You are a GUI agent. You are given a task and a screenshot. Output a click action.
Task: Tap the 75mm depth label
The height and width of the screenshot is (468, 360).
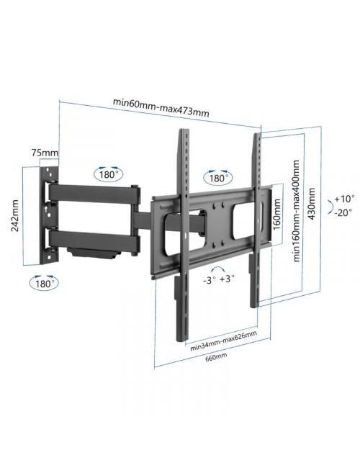45,153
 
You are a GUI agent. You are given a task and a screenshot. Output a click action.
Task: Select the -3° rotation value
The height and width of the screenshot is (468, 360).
210,279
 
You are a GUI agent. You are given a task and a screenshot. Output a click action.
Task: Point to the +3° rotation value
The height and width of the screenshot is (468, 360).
228,279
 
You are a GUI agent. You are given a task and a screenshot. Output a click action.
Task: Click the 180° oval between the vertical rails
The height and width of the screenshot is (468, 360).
218,177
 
